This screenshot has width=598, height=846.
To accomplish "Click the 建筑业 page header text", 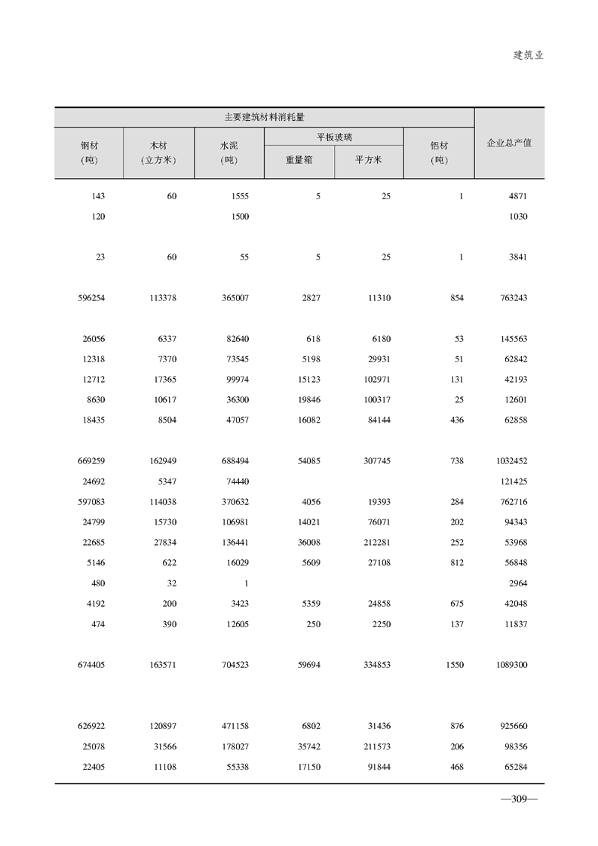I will [x=528, y=55].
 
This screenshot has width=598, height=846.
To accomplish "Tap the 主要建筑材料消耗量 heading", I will [x=264, y=117].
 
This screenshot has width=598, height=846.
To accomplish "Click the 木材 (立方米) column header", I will [x=158, y=152].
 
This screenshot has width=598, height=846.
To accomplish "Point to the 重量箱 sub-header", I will [x=299, y=160].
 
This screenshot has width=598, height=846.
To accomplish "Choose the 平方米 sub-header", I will [x=369, y=160].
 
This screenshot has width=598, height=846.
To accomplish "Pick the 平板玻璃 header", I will [x=334, y=137].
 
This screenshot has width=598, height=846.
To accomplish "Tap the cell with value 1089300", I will [x=512, y=665].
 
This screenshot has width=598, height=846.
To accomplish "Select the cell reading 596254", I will [x=91, y=298].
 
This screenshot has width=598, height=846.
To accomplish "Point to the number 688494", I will [x=234, y=461].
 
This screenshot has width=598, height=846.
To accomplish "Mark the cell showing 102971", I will [x=375, y=380].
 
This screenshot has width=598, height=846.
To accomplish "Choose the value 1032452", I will [x=512, y=461].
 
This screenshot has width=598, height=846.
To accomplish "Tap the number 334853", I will [x=375, y=665].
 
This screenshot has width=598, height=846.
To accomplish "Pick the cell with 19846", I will [x=307, y=400].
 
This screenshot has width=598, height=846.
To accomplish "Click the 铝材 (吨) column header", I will [x=439, y=152].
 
